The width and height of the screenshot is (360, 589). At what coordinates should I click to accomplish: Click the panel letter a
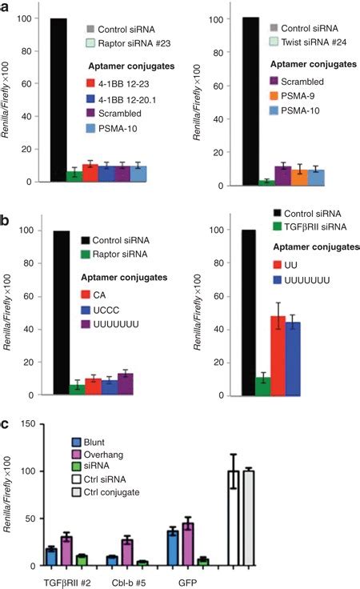click(x=6, y=6)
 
